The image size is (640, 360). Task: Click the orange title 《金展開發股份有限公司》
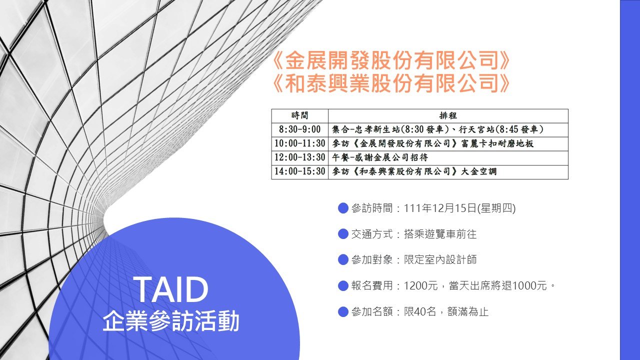pos(390,61)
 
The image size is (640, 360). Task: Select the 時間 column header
pos(299,115)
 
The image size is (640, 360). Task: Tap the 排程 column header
pos(448,115)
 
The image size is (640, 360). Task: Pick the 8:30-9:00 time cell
pos(299,129)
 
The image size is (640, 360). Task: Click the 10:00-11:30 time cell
pos(299,143)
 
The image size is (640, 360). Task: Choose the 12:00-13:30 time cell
pos(299,157)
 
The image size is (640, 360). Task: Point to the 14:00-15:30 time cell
pos(299,171)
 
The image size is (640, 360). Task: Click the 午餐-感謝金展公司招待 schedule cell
pos(448,157)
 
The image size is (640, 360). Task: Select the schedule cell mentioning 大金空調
pos(448,171)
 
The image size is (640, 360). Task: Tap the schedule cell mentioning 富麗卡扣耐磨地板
pos(448,143)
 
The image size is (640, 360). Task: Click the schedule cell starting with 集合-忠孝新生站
pos(448,129)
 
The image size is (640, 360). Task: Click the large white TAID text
pos(172,289)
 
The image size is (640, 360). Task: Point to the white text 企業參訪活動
pos(171,321)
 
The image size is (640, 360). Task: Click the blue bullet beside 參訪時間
pos(343,208)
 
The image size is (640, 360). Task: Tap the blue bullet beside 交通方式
pos(343,234)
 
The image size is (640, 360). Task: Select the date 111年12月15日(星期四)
pos(459,208)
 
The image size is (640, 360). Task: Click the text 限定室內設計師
pos(440,259)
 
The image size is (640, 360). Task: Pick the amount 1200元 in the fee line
pos(420,285)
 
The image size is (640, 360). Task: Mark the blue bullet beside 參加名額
pos(343,311)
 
